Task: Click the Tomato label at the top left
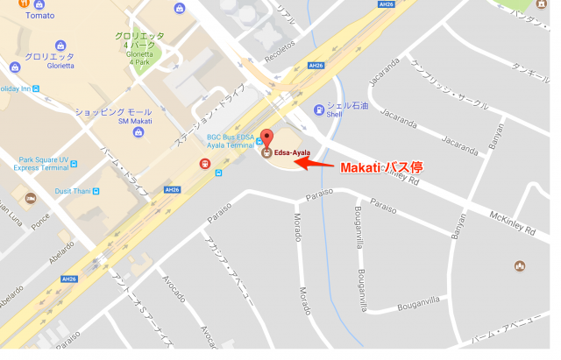[15, 15]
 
